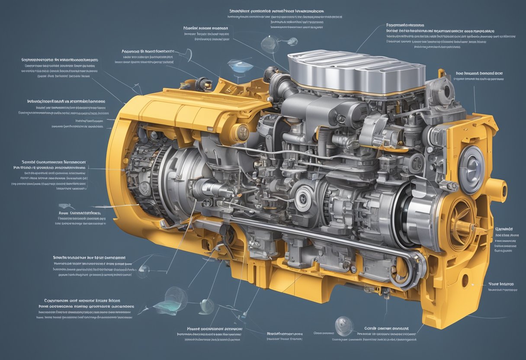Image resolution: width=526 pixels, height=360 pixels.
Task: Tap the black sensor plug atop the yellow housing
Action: click(x=202, y=83)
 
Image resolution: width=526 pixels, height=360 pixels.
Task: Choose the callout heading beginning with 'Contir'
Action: click(x=386, y=328)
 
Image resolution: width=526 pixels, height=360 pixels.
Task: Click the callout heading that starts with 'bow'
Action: click(x=479, y=74)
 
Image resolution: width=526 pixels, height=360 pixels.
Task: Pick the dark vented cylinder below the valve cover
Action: click(x=346, y=113)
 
